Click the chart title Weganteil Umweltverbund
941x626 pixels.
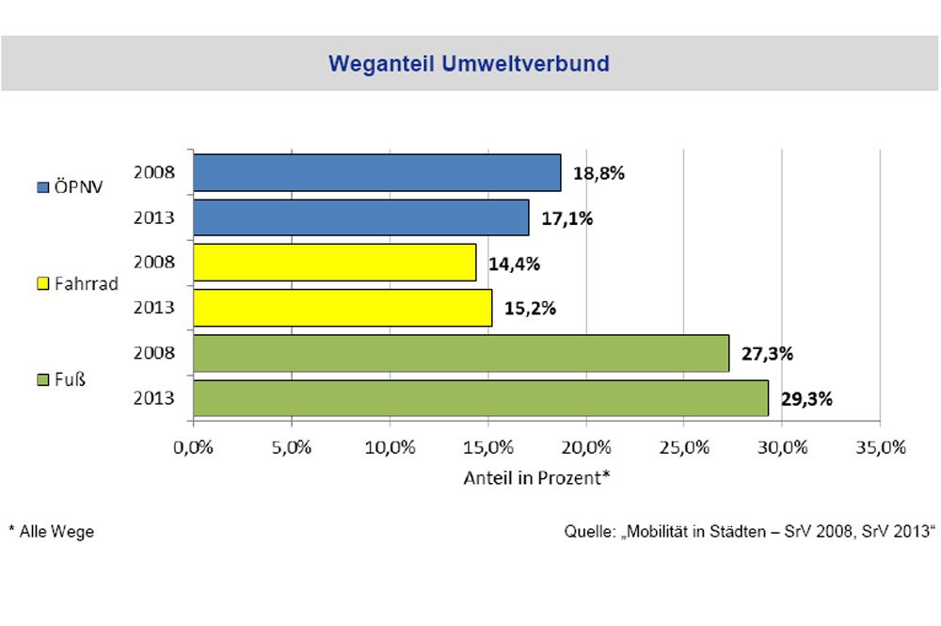point(469,64)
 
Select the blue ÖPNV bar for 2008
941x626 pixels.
point(376,173)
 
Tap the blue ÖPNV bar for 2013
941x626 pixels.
point(360,217)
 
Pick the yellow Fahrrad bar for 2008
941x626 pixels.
point(334,263)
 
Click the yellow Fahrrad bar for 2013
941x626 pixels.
point(343,308)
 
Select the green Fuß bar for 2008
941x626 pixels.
point(461,353)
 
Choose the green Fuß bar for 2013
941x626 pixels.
point(480,398)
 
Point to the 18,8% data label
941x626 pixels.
point(598,173)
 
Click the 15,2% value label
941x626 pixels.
point(530,309)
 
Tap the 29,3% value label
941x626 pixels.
point(806,399)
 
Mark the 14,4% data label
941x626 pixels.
point(514,264)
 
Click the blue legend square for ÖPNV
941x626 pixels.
point(42,187)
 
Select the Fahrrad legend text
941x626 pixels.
point(86,282)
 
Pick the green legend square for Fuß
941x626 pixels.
point(42,380)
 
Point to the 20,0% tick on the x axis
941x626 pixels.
point(586,448)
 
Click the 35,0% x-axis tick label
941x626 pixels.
point(881,448)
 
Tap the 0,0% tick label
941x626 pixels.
point(193,448)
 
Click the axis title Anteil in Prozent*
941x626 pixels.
point(537,477)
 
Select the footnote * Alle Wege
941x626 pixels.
point(51,532)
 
